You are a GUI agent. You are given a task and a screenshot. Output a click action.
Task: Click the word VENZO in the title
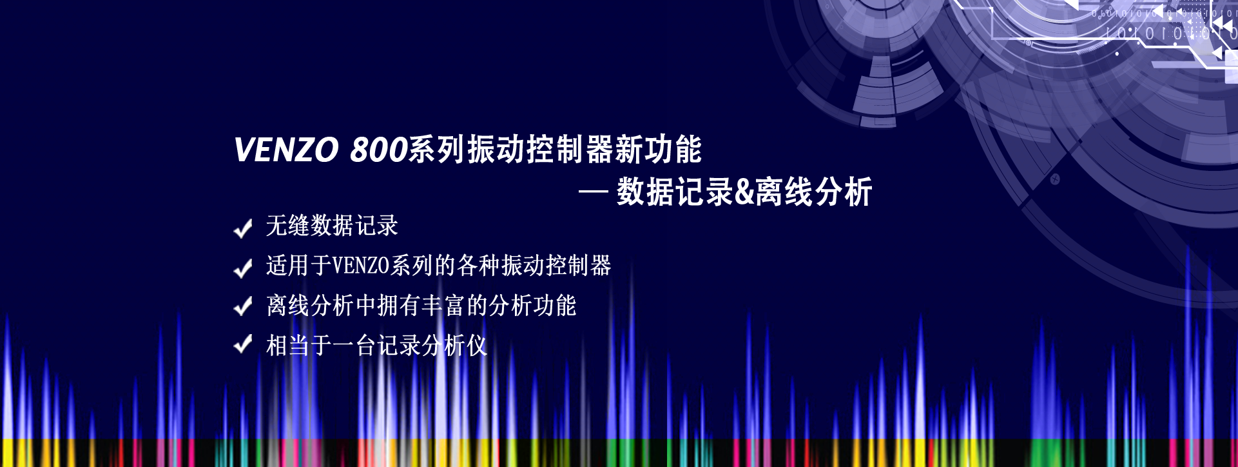pyautogui.click(x=286, y=150)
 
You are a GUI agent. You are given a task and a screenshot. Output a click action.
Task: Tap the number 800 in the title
pyautogui.click(x=378, y=150)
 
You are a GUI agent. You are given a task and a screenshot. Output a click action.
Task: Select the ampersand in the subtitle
pyautogui.click(x=744, y=192)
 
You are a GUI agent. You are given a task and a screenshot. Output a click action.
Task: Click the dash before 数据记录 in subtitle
pyautogui.click(x=594, y=192)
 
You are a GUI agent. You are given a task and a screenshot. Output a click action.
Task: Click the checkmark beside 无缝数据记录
pyautogui.click(x=243, y=228)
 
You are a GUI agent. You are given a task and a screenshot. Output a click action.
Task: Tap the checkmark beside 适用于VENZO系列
pyautogui.click(x=243, y=268)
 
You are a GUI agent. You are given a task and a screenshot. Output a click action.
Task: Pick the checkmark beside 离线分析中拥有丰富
pyautogui.click(x=243, y=306)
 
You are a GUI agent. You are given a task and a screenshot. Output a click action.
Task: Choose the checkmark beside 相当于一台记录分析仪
pyautogui.click(x=243, y=344)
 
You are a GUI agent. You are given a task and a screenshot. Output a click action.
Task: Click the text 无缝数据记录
pyautogui.click(x=332, y=226)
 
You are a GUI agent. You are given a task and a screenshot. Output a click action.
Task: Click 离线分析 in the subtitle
pyautogui.click(x=814, y=192)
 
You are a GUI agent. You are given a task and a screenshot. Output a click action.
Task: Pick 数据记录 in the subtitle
pyautogui.click(x=675, y=192)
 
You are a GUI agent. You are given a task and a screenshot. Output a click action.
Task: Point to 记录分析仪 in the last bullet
pyautogui.click(x=432, y=346)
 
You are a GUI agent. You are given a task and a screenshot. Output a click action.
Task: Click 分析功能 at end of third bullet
pyautogui.click(x=532, y=306)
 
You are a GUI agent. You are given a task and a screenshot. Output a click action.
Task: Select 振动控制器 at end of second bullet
pyautogui.click(x=556, y=266)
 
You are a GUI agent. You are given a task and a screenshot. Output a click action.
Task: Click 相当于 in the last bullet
pyautogui.click(x=299, y=346)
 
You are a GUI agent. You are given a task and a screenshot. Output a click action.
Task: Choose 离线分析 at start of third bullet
pyautogui.click(x=310, y=306)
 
